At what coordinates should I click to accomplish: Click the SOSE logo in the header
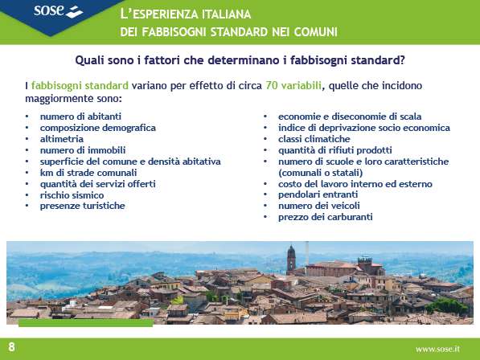tap(58, 11)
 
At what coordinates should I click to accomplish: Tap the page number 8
tap(11, 347)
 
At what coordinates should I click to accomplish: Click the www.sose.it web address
tap(437, 349)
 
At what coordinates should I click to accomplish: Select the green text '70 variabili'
tap(293, 85)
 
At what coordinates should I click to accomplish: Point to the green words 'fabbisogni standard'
tap(80, 85)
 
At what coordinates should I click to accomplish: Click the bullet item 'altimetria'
tap(62, 139)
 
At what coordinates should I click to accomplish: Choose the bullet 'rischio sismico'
tap(72, 194)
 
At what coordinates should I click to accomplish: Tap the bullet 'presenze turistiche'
tap(82, 206)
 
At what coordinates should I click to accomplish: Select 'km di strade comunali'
tap(88, 173)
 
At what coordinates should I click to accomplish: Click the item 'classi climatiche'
tap(314, 139)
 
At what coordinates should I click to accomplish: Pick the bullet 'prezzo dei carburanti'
tap(326, 217)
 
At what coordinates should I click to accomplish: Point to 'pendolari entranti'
tap(318, 194)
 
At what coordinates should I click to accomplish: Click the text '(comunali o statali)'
tap(321, 173)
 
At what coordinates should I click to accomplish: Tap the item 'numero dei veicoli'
tap(319, 206)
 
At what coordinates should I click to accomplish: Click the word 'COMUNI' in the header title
tap(316, 32)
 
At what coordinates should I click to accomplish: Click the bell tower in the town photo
tap(291, 260)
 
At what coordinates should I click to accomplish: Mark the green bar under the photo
tap(86, 323)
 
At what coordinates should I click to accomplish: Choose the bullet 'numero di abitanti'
tap(80, 117)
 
